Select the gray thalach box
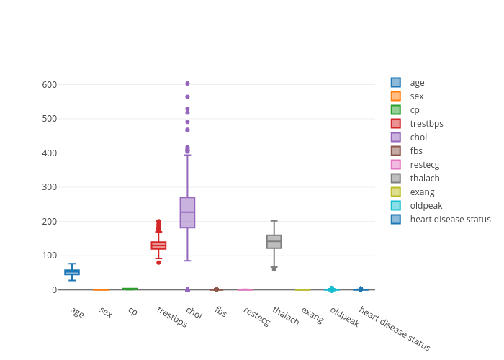(274, 242)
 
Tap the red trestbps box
(158, 246)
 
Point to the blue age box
(72, 272)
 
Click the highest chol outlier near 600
(187, 84)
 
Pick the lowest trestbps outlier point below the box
(158, 262)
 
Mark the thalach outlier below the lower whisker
(274, 269)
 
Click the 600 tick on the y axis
(49, 84)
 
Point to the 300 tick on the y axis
(49, 187)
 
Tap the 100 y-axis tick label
(49, 256)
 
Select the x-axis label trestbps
(171, 317)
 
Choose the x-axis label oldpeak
(345, 317)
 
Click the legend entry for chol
(418, 138)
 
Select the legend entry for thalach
(424, 179)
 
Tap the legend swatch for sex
(396, 96)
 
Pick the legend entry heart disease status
(450, 220)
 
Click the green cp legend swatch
(396, 110)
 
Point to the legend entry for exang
(421, 192)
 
